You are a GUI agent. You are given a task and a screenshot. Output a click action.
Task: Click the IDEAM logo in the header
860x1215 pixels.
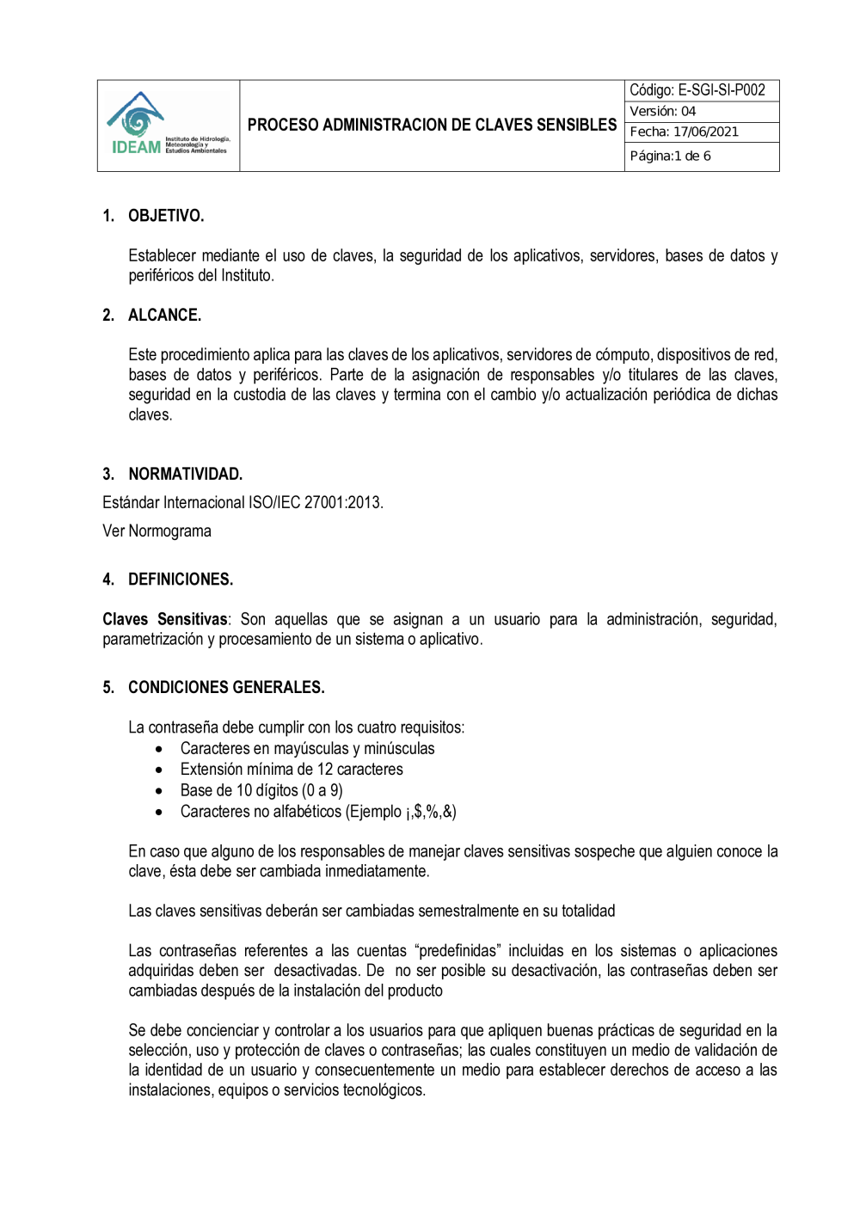coord(168,126)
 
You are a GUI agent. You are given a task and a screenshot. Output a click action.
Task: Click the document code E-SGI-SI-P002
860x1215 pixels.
coord(721,90)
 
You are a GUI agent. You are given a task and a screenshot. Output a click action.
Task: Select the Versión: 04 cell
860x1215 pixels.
coord(662,112)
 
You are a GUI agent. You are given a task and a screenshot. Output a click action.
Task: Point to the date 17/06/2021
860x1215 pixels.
coord(705,132)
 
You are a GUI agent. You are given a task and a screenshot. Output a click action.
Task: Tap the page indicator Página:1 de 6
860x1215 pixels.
coord(670,156)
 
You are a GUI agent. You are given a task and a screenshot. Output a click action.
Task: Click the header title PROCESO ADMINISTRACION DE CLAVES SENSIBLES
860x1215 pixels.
coord(432,126)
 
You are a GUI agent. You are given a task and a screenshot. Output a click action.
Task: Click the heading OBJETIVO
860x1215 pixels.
coord(166,216)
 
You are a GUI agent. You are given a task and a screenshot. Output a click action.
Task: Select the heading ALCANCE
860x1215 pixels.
coord(164,316)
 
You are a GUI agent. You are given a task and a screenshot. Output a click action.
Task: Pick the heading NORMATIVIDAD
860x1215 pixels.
coord(185,475)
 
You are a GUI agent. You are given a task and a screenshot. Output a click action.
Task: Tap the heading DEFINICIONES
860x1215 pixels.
coord(181,580)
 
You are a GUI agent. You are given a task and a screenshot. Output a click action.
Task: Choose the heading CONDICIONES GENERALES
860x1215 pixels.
coord(226,688)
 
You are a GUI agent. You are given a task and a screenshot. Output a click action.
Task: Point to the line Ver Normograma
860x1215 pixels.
coord(157,531)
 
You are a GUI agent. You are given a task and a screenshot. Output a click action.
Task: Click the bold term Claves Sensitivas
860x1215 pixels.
coord(165,620)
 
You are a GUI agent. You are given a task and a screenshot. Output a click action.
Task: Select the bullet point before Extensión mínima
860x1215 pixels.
coord(159,770)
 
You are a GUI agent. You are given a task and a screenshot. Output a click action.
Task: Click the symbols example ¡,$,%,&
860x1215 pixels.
coord(429,812)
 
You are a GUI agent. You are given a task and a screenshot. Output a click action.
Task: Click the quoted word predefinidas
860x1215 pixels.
coord(458,951)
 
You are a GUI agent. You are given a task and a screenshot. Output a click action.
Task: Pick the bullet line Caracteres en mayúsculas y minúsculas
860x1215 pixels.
coord(307,749)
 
